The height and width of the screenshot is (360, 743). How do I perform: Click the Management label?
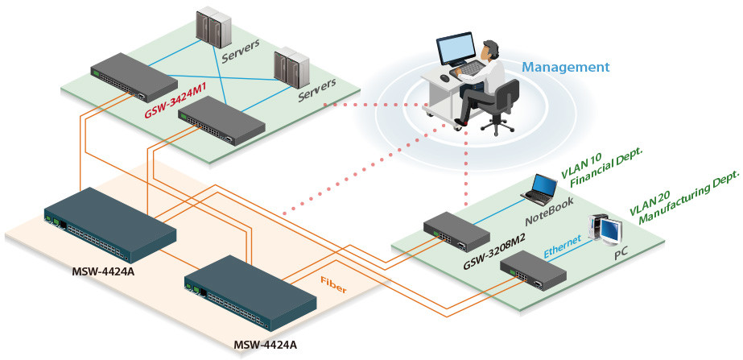pos(566,68)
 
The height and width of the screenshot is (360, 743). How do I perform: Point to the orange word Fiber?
pos(333,283)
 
